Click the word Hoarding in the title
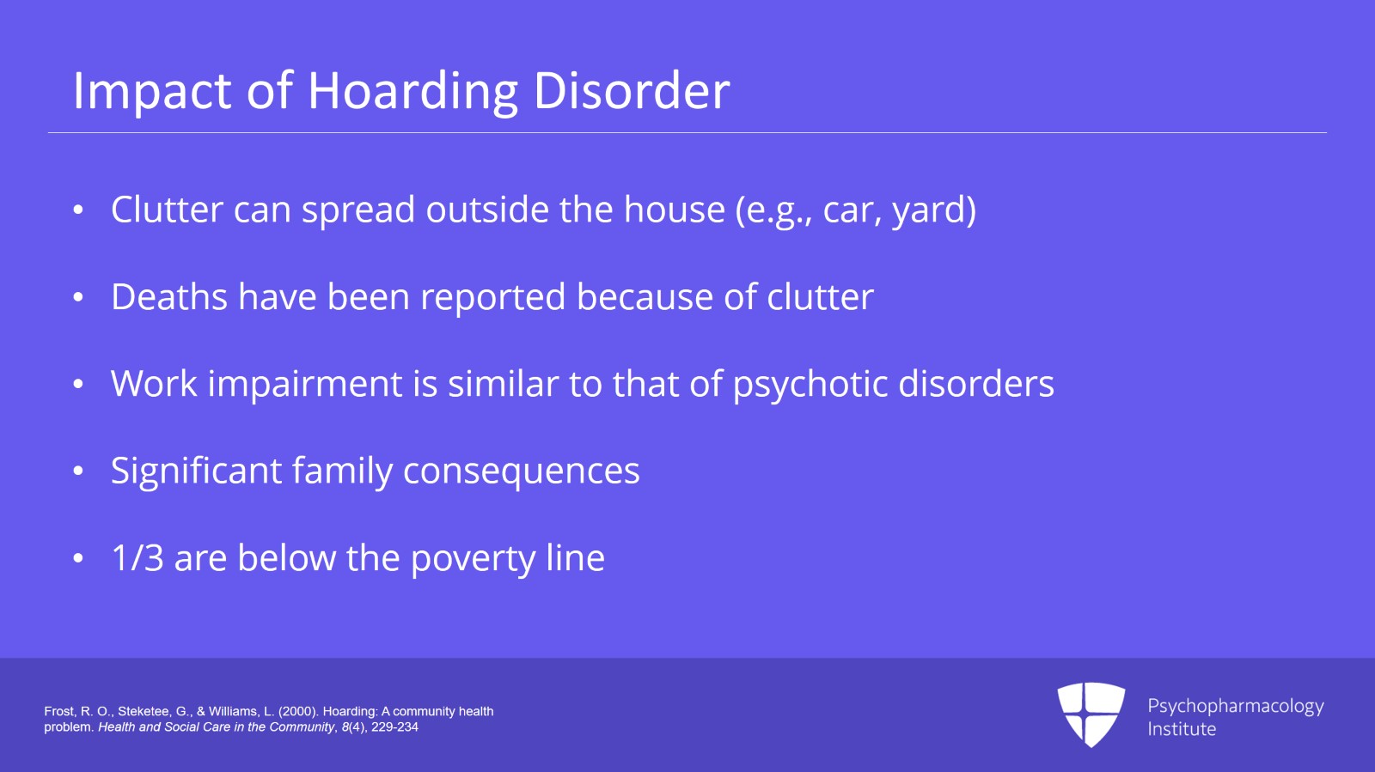412,91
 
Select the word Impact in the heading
151,91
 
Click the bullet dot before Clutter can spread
77,210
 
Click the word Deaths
168,297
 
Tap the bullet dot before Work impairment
77,384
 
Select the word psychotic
810,385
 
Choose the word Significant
196,471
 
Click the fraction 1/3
137,558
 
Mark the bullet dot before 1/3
77,558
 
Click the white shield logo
1091,714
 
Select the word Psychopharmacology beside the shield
1236,707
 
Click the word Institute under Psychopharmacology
1182,729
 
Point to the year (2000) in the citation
297,711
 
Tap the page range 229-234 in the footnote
394,727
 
